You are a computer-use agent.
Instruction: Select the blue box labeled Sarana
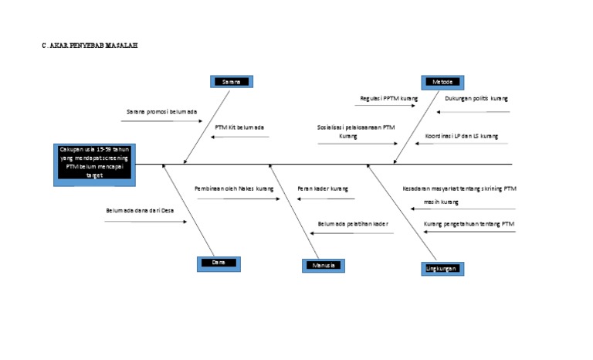pos(231,81)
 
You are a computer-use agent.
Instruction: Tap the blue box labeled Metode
pos(442,82)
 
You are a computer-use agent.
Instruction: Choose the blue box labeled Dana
pos(219,263)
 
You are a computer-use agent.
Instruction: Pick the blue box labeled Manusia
pos(323,265)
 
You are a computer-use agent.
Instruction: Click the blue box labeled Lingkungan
pos(442,268)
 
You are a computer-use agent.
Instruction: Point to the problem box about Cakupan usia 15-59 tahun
pos(92,163)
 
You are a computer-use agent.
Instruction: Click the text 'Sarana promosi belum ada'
pos(161,111)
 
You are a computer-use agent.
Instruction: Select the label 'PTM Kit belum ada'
pos(239,127)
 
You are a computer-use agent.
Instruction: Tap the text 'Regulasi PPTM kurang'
pos(389,99)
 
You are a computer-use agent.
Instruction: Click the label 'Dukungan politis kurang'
pos(476,99)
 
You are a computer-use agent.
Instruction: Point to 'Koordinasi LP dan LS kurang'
pos(461,136)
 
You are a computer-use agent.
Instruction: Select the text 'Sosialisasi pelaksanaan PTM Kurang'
pos(356,131)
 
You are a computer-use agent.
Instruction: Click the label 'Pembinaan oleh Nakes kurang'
pos(234,188)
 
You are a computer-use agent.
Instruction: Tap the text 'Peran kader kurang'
pos(322,188)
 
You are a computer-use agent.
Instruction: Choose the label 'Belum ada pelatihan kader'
pos(353,224)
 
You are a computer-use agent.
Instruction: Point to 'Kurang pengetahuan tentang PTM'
pos(469,224)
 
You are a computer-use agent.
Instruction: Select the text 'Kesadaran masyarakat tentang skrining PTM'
pos(459,188)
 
